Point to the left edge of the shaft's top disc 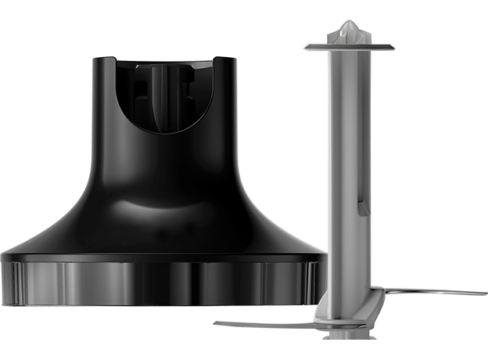click(307, 48)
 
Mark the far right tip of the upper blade click(485, 293)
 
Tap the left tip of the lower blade click(217, 323)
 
